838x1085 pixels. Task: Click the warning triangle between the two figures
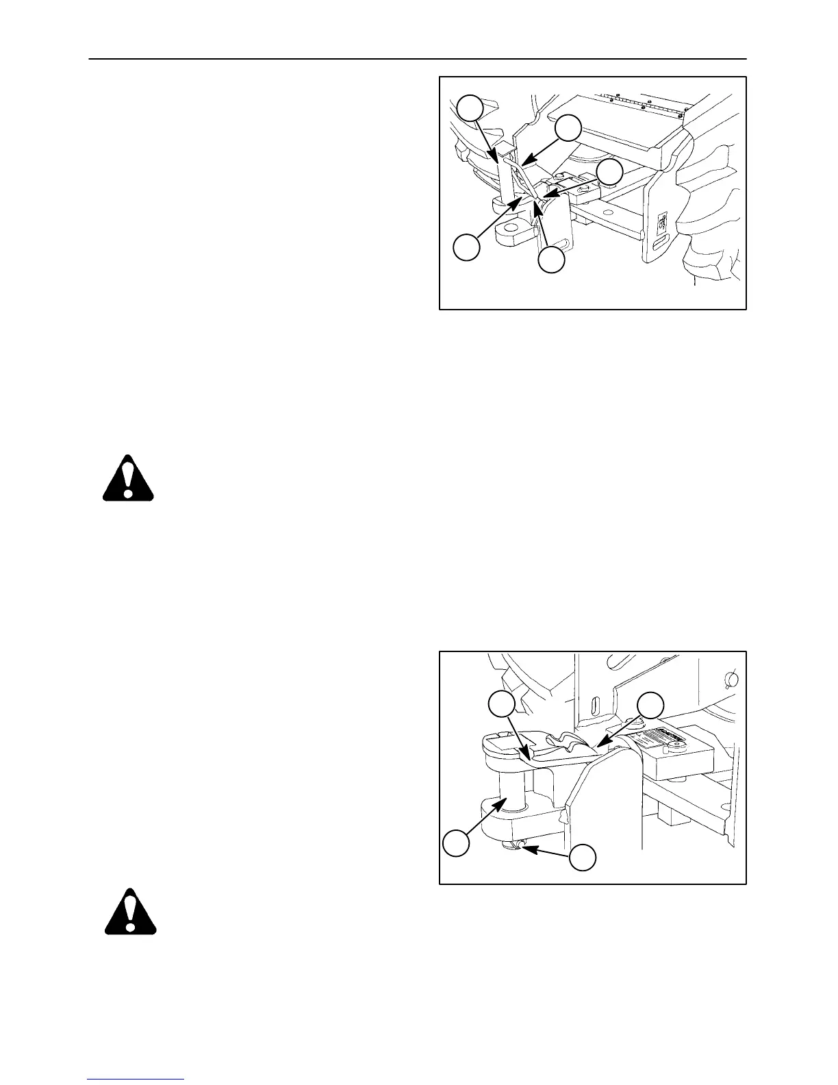tap(128, 477)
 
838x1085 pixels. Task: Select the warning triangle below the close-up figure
tap(130, 912)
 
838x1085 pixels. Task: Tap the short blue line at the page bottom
tap(136, 1079)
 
